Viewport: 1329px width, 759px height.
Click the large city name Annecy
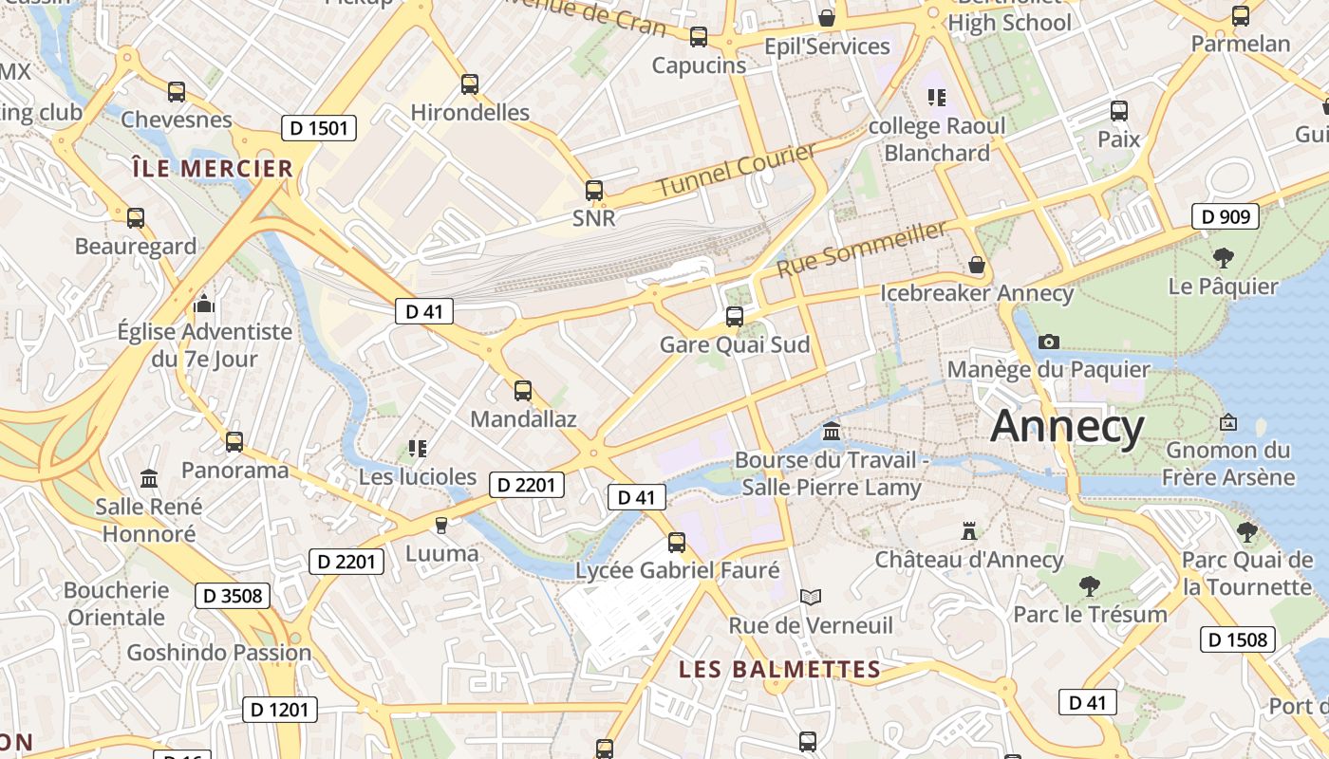coord(1067,428)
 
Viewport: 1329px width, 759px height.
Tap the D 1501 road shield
coord(319,128)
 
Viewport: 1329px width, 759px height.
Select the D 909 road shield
coord(1226,216)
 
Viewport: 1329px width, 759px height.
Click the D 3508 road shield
coord(233,596)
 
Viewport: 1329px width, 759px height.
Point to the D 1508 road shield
coord(1238,639)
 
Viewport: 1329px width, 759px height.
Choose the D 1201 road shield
coord(279,709)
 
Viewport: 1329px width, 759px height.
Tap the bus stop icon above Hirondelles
coord(470,84)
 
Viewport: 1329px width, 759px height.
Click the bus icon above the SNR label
coord(594,191)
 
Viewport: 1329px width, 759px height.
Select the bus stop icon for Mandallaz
coord(523,391)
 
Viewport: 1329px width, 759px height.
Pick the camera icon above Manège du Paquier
coord(1049,342)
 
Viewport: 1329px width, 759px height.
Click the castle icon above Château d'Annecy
coord(969,531)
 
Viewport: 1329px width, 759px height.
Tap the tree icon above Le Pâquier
coord(1224,257)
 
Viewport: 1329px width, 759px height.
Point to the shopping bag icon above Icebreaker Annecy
coord(976,265)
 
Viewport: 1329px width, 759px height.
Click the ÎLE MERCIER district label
coord(213,169)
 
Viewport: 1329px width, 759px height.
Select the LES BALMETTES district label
coord(779,670)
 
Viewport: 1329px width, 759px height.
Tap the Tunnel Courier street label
coord(736,170)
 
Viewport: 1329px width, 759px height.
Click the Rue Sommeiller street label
coord(862,249)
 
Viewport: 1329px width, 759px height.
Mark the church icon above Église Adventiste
coord(204,305)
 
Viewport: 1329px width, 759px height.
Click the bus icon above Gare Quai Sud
coord(735,317)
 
